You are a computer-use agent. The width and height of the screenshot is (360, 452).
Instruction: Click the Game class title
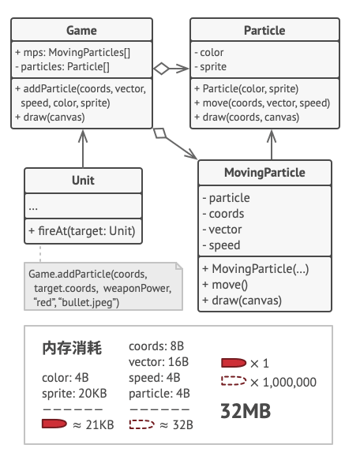point(82,31)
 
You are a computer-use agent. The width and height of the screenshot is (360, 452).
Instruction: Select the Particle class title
point(264,31)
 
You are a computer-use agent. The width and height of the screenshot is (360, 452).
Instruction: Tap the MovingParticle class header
point(264,173)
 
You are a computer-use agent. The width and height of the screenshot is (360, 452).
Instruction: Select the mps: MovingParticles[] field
point(73,53)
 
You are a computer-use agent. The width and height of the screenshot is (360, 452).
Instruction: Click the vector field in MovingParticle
point(226,230)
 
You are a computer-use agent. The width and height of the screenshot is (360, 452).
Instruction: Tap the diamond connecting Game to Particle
point(162,69)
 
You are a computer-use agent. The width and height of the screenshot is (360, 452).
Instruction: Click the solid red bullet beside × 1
point(234,364)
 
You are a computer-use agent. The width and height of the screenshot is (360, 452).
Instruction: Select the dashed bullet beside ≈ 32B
point(141,424)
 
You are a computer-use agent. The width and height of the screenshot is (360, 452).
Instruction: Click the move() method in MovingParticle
point(226,284)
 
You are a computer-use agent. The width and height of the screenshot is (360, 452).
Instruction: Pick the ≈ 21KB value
point(94,424)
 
